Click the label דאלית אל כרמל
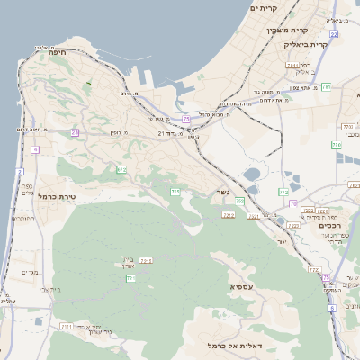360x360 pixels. [x=233, y=345]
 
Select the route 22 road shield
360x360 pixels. [x=333, y=33]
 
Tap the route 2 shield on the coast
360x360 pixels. [x=20, y=171]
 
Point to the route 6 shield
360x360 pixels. [x=331, y=308]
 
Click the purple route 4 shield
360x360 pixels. [x=35, y=149]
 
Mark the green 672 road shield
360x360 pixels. [x=121, y=169]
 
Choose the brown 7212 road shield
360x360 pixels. [x=229, y=215]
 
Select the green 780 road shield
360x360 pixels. [x=337, y=144]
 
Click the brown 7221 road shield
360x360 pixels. [x=322, y=210]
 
